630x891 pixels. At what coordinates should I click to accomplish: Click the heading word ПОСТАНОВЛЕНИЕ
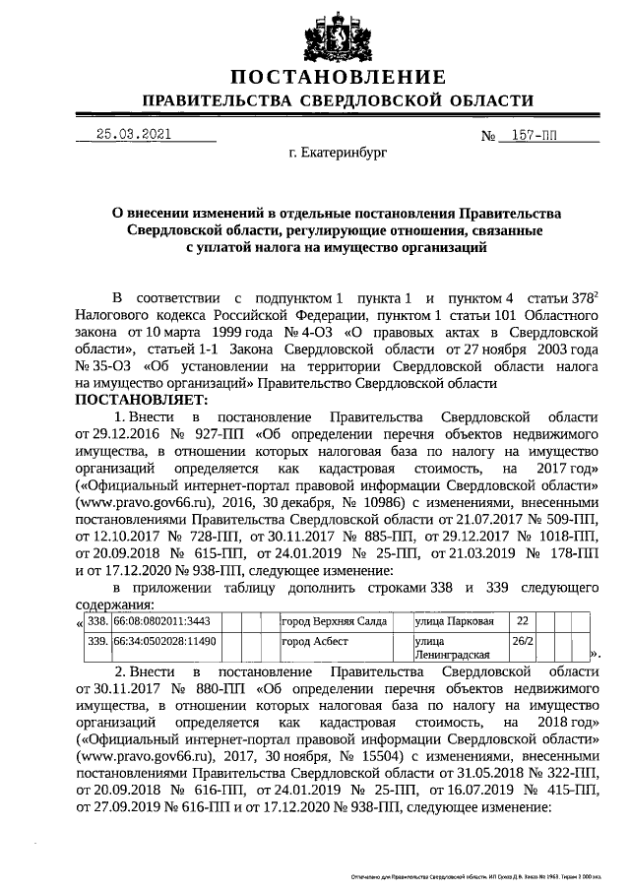(337, 78)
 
